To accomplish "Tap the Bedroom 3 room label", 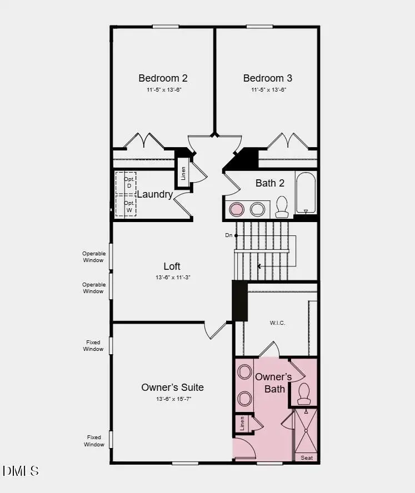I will (268, 78).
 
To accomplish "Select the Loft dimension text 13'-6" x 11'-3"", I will (172, 278).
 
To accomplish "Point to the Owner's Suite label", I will (172, 388).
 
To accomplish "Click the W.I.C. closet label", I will (278, 323).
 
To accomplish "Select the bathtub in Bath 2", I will (306, 193).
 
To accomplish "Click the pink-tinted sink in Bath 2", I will (237, 209).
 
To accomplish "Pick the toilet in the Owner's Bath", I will (304, 394).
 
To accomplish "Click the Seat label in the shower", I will (307, 458).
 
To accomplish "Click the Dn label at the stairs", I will (228, 235).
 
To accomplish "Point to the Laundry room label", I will (154, 194).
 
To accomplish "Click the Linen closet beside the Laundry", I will (183, 173).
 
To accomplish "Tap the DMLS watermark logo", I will (21, 471).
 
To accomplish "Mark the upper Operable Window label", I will (93, 257).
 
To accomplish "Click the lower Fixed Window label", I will (94, 441).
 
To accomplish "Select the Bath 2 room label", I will (270, 183).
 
